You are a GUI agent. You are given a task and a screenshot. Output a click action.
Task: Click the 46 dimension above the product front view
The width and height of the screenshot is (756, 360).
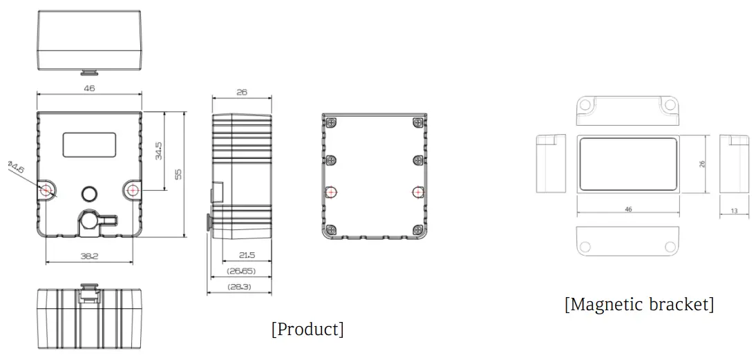[x=89, y=88]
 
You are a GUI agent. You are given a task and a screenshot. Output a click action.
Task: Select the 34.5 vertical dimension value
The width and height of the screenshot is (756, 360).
[x=158, y=151]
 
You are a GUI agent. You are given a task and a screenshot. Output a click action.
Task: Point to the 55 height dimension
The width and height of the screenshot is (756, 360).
[x=178, y=173]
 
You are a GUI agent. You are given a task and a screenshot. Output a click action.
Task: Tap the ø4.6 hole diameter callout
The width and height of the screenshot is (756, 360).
[x=16, y=168]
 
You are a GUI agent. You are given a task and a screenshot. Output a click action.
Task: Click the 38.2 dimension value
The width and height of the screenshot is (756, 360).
[x=89, y=256]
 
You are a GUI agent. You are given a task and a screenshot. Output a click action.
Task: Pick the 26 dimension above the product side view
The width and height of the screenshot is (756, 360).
[x=242, y=91]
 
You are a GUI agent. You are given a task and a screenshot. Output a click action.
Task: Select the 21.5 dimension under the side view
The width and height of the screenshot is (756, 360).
[x=247, y=255]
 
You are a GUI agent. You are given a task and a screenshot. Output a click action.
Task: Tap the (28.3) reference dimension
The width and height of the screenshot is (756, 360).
[x=239, y=285]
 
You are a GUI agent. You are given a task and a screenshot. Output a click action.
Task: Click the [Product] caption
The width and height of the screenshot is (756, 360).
[x=308, y=329]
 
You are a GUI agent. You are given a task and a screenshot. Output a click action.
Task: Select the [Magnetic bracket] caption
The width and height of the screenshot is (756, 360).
[x=639, y=304]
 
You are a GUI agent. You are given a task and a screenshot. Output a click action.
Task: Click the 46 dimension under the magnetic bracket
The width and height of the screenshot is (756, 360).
[x=627, y=209]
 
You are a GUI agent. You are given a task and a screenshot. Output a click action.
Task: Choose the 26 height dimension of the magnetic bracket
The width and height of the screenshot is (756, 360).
[x=702, y=163]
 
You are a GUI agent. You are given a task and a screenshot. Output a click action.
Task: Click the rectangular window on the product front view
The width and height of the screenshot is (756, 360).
[x=89, y=144]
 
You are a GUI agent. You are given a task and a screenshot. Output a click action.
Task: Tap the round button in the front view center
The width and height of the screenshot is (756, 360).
[x=89, y=193]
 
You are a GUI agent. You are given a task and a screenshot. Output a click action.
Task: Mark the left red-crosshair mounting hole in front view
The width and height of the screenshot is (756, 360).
[x=46, y=189]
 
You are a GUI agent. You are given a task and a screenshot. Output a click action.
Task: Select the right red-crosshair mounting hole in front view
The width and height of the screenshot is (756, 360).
[x=133, y=189]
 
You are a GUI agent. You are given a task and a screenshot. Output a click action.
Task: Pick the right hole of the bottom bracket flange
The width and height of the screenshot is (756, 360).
[x=668, y=246]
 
